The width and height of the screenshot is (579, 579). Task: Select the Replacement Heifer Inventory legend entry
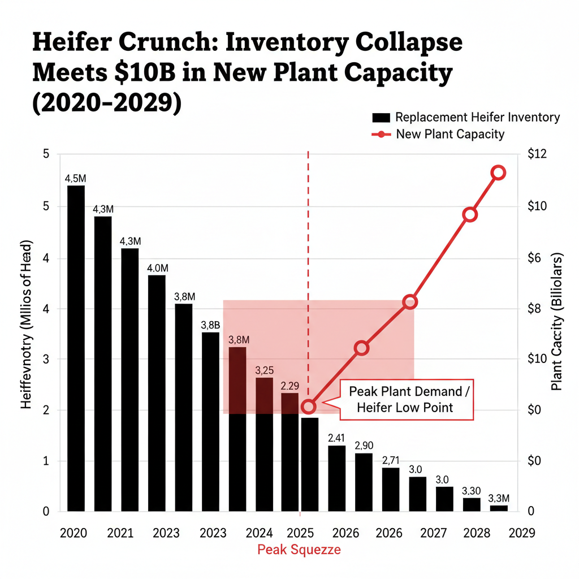[465, 118]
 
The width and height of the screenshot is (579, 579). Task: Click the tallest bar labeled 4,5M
[76, 348]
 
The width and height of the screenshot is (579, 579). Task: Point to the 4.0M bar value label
[157, 268]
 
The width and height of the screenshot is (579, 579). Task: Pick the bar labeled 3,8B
[211, 421]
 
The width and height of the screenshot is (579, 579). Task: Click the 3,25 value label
[265, 371]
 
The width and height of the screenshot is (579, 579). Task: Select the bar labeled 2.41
[336, 478]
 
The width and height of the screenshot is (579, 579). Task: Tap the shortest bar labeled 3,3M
[499, 508]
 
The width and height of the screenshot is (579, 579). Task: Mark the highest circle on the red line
[498, 173]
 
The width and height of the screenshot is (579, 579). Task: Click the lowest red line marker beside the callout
[308, 407]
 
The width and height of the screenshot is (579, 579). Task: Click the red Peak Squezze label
[299, 549]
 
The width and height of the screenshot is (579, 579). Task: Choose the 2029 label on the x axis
[520, 533]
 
